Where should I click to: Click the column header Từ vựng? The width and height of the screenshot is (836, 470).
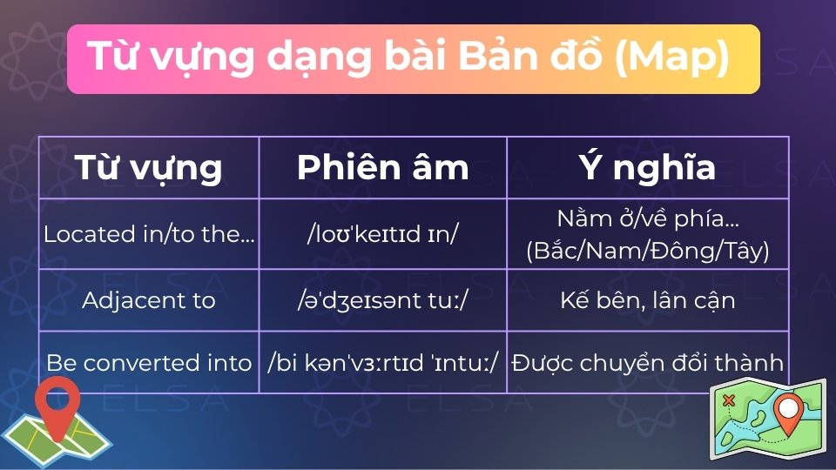pos(148,167)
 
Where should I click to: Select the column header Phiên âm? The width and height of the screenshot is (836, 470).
pos(382,167)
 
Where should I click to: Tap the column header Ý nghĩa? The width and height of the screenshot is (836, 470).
pos(648,167)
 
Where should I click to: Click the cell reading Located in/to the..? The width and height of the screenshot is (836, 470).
pos(149,234)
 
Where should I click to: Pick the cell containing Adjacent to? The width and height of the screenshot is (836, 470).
pos(149,300)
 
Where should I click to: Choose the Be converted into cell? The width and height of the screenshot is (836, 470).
pos(149,362)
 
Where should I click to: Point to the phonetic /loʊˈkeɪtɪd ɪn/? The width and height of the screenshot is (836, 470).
pos(382,234)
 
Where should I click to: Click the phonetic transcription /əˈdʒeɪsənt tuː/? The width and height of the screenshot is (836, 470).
pos(382,300)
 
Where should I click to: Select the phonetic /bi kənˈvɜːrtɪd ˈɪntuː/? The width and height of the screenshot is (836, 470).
pos(382,362)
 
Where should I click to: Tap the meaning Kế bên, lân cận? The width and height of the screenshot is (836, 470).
pos(648,300)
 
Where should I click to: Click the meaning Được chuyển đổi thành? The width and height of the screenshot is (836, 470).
pos(648,362)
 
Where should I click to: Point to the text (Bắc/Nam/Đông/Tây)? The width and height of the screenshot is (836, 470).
pos(648,251)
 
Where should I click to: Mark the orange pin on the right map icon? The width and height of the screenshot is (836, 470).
pos(789,413)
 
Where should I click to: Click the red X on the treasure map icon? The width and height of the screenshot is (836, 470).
pos(730,400)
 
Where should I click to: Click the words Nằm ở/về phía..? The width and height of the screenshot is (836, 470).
pos(648,218)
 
